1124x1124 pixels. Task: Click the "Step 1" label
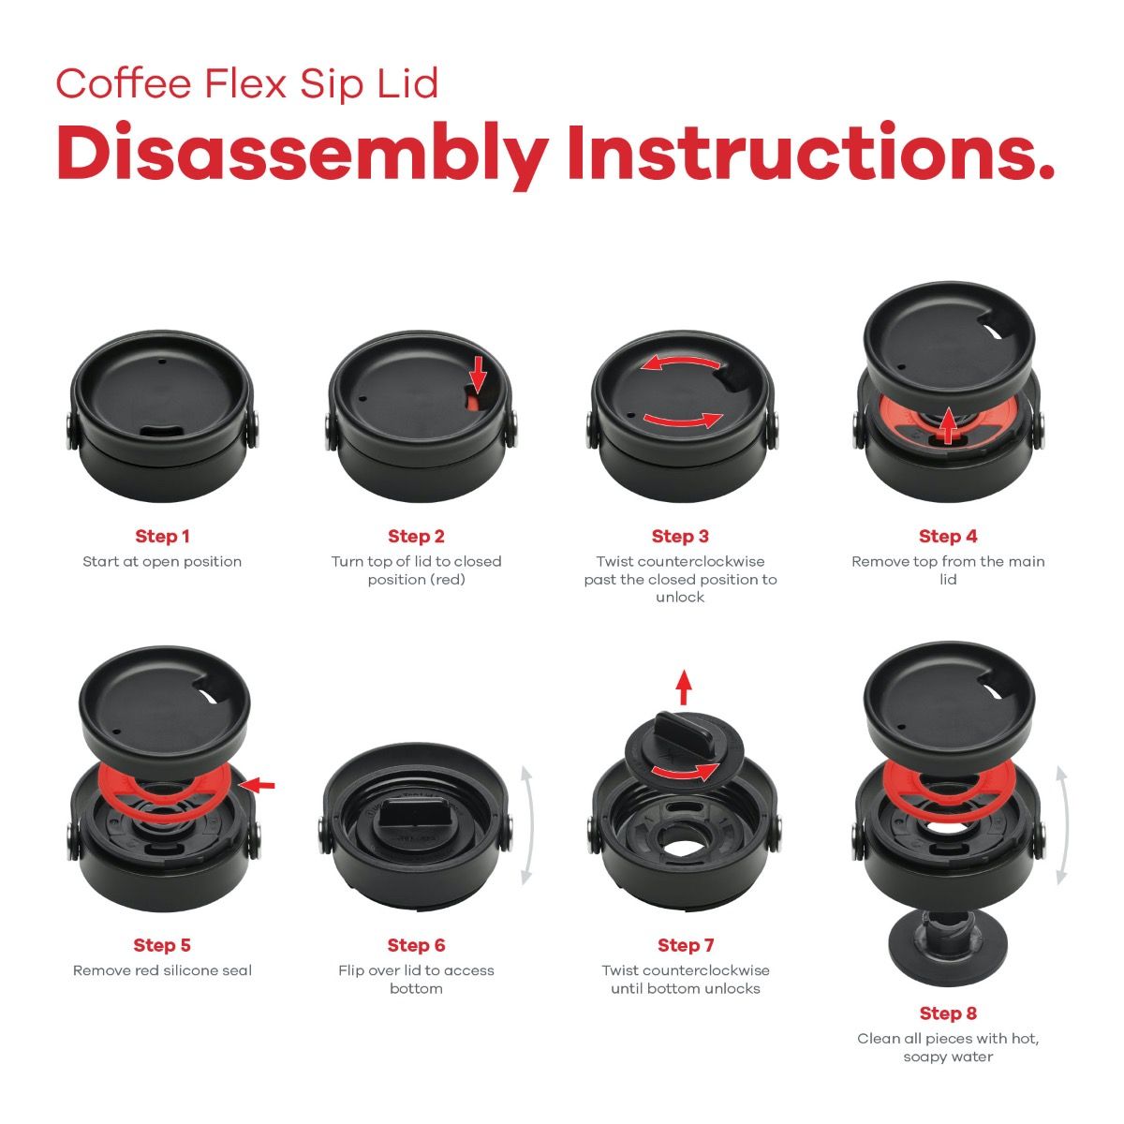point(162,537)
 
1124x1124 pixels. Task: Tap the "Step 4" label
point(948,537)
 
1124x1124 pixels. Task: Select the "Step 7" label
point(686,945)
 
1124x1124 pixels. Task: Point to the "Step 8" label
point(948,1013)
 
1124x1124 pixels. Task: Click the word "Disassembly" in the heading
point(302,155)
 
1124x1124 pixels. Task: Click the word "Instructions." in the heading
point(810,155)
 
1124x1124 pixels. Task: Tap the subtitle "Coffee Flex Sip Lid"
point(247,83)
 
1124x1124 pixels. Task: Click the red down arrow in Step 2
point(478,372)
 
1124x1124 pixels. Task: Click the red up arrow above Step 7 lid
point(684,688)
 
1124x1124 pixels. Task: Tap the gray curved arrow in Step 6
point(526,824)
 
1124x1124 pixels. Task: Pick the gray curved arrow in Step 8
point(1061,824)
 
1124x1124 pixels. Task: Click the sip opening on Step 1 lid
point(161,430)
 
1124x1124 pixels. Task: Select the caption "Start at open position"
point(162,562)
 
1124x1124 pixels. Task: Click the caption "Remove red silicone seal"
point(162,970)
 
